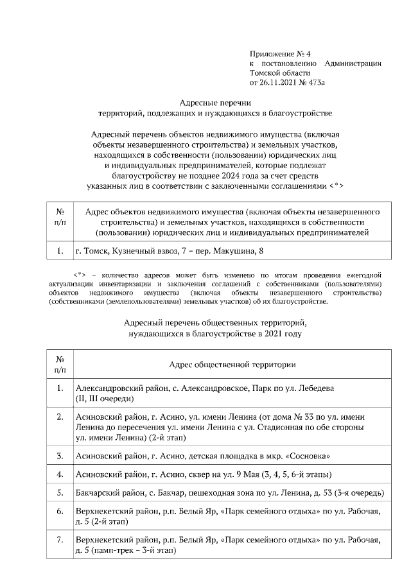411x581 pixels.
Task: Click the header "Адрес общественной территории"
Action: [x=232, y=365]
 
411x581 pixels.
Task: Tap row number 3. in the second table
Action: [x=60, y=456]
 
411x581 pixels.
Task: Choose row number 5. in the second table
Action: [x=60, y=493]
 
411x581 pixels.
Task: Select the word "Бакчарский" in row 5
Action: [x=96, y=493]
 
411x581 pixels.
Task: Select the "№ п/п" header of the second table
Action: [x=60, y=365]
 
